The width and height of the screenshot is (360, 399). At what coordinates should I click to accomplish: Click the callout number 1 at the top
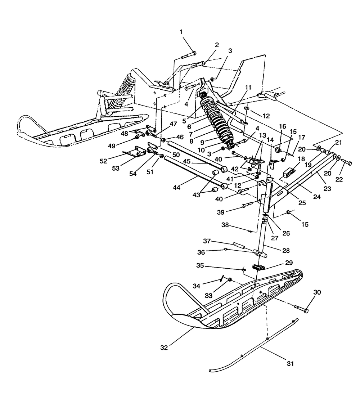click(181, 32)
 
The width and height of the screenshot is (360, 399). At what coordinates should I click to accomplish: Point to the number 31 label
click(290, 364)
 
